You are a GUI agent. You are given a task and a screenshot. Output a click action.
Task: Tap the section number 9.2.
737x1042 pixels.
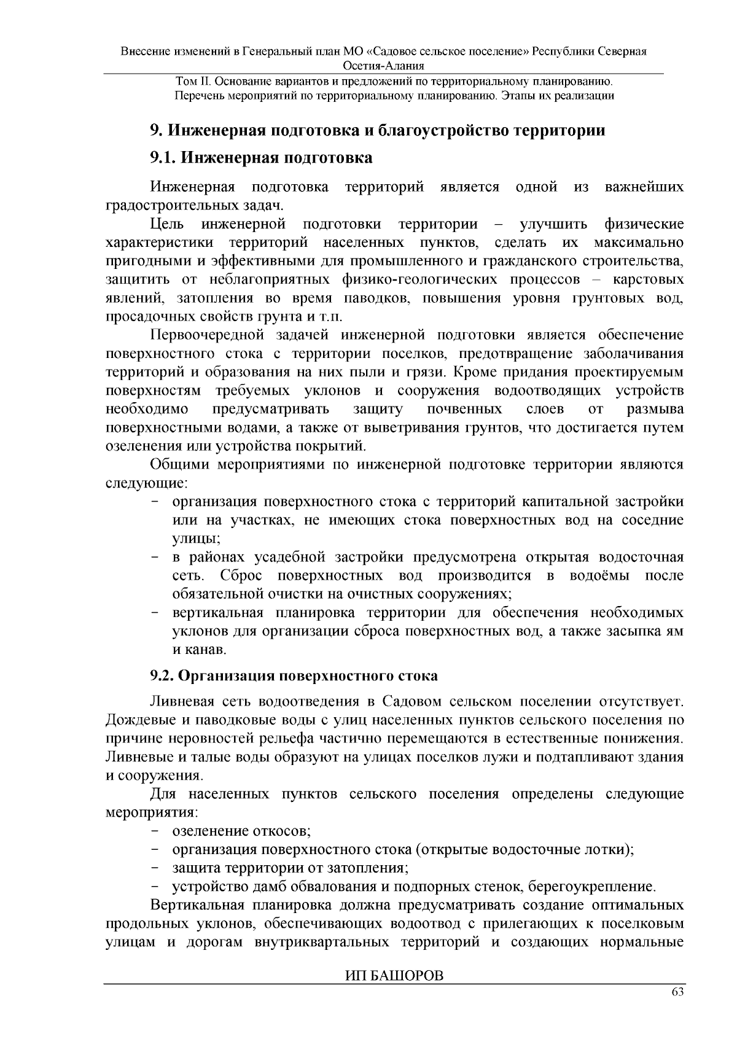click(162, 675)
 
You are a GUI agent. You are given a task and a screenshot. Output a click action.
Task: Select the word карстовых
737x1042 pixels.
click(648, 280)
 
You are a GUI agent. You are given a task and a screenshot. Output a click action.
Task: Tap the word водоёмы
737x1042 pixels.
click(598, 576)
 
